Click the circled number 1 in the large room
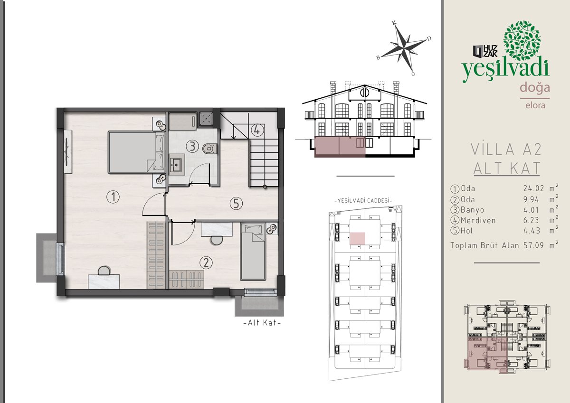113,197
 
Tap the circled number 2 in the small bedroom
206,262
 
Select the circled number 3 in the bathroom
192,146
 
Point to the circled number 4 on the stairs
257,130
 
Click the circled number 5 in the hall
236,204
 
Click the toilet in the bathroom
210,149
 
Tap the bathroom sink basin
176,165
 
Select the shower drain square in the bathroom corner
206,119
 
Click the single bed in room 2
253,252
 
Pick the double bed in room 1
137,152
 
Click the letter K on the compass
394,23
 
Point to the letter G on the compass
413,74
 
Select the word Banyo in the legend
472,210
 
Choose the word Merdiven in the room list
478,220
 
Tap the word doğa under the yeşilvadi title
535,88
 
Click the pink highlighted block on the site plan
357,238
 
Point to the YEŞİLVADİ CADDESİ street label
363,201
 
